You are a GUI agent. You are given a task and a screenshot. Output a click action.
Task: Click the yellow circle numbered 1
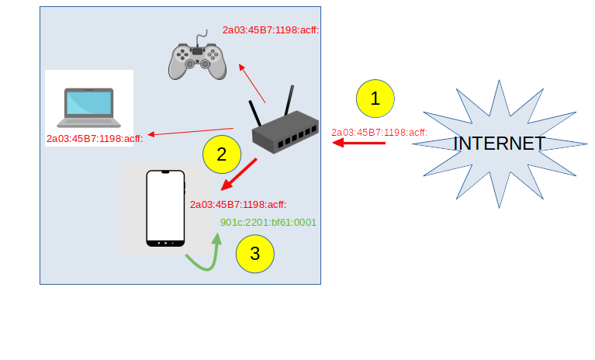coord(375,99)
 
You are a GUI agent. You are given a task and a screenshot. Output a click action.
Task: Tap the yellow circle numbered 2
coord(222,154)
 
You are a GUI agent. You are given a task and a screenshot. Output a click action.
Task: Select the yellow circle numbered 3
coord(255,253)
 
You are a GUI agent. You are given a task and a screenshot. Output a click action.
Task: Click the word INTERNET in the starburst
coord(499,144)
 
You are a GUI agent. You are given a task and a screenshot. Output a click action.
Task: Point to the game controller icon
coord(197,58)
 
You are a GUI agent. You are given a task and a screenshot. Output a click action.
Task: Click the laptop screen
coord(89,104)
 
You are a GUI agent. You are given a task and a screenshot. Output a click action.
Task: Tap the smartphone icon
coord(165,209)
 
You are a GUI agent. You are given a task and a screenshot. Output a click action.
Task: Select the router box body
coord(284,137)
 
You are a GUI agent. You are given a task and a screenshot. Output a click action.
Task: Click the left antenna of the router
coord(255,113)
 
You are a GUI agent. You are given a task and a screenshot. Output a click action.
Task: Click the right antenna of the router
coord(289,100)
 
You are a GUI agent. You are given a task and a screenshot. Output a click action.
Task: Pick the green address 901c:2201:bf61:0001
coord(268,222)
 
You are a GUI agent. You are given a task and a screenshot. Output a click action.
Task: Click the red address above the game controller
coord(271,30)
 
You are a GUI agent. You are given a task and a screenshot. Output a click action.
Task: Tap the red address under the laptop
coord(95,139)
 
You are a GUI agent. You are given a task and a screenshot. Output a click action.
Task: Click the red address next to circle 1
coord(379,132)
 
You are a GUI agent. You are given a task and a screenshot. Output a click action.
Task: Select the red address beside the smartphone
coord(238,205)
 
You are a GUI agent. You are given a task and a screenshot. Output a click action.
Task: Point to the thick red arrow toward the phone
coord(239,175)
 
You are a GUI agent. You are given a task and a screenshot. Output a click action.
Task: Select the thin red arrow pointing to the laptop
coord(190,132)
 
